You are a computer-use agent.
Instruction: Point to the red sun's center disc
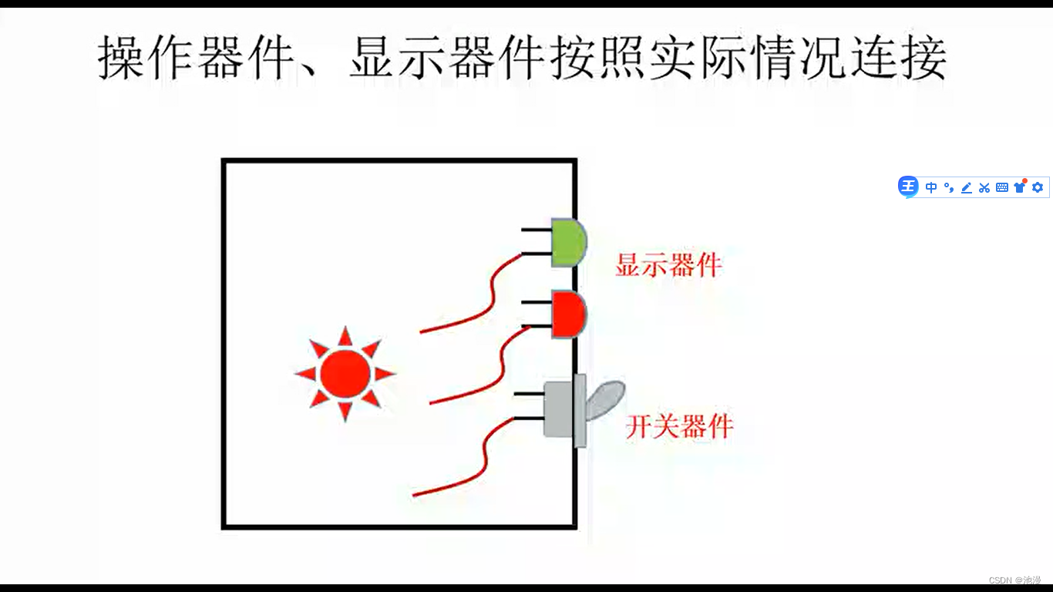tap(345, 373)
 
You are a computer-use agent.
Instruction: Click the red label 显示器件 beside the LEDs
tap(668, 265)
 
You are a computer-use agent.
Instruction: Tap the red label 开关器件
tap(678, 426)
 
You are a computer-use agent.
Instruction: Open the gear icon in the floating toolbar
tap(1038, 187)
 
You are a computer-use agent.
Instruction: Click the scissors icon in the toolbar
tap(984, 187)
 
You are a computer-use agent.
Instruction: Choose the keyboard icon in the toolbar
tap(1002, 187)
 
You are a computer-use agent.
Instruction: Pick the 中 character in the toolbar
tap(931, 187)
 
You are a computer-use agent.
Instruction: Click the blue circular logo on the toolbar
tap(909, 187)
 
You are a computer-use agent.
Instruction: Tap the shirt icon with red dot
tap(1020, 187)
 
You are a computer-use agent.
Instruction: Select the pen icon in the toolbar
tap(967, 187)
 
